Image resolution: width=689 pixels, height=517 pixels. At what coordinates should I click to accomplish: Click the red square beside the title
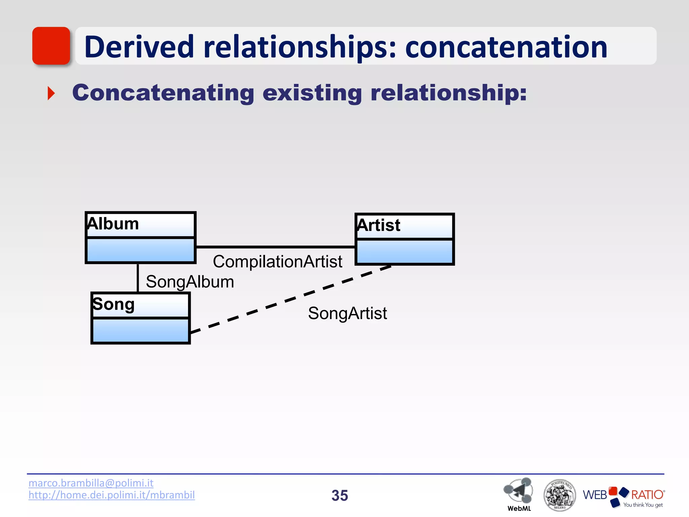pyautogui.click(x=51, y=46)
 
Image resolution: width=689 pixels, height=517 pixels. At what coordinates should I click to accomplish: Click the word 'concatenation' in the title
pyautogui.click(x=506, y=47)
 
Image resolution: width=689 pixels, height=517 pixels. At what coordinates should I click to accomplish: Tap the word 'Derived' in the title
pyautogui.click(x=139, y=47)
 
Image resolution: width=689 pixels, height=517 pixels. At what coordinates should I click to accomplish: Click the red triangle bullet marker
pyautogui.click(x=51, y=93)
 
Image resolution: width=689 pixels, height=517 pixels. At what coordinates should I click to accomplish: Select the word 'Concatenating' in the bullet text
pyautogui.click(x=163, y=93)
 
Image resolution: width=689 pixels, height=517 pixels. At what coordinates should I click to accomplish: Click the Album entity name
pyautogui.click(x=113, y=224)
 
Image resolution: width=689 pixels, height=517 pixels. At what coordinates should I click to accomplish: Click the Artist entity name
pyautogui.click(x=379, y=225)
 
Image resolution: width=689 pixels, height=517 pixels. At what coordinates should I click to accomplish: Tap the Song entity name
pyautogui.click(x=113, y=304)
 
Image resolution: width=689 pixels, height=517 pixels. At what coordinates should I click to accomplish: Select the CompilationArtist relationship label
pyautogui.click(x=278, y=262)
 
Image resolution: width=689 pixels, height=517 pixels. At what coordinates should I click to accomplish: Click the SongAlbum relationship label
pyautogui.click(x=190, y=282)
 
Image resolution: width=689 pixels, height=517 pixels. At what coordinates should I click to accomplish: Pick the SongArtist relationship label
pyautogui.click(x=347, y=313)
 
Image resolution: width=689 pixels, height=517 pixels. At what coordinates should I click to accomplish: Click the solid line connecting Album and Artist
pyautogui.click(x=275, y=247)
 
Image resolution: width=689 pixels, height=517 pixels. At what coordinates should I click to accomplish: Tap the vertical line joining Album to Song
pyautogui.click(x=138, y=278)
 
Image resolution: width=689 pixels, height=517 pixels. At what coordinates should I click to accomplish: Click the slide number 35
pyautogui.click(x=339, y=495)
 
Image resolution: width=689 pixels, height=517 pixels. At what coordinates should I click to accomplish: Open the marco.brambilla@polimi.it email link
pyautogui.click(x=91, y=483)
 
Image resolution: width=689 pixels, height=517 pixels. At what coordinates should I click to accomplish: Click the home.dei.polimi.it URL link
pyautogui.click(x=111, y=495)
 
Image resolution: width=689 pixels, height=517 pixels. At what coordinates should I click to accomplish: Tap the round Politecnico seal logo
pyautogui.click(x=559, y=495)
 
